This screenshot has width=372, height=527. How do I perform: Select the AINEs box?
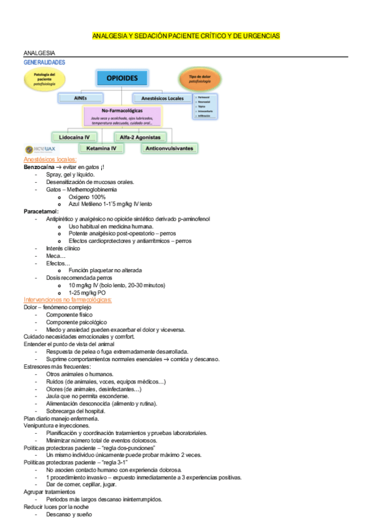80,98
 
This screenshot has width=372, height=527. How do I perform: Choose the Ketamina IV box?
101,149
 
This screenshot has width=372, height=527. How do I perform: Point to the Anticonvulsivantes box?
169,149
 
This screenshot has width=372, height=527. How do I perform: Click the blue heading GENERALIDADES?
44,62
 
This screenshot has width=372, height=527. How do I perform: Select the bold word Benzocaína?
38,167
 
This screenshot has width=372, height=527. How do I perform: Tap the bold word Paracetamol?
41,211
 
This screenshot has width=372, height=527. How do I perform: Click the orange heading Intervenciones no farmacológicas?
67,300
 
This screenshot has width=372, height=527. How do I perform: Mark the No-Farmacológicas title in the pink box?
121,110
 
